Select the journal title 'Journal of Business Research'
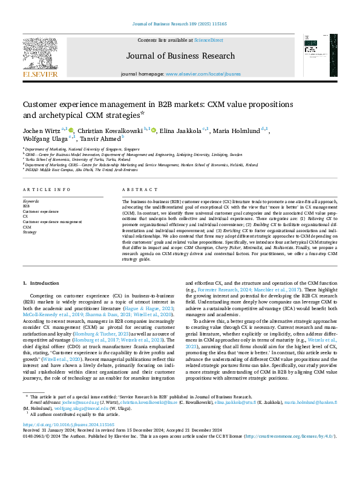pyautogui.click(x=180, y=56)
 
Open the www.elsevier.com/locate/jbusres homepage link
pyautogui.click(x=202, y=74)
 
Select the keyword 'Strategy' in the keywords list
pyautogui.click(x=30, y=232)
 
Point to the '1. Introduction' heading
pyautogui.click(x=41, y=283)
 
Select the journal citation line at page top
pyautogui.click(x=180, y=24)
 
